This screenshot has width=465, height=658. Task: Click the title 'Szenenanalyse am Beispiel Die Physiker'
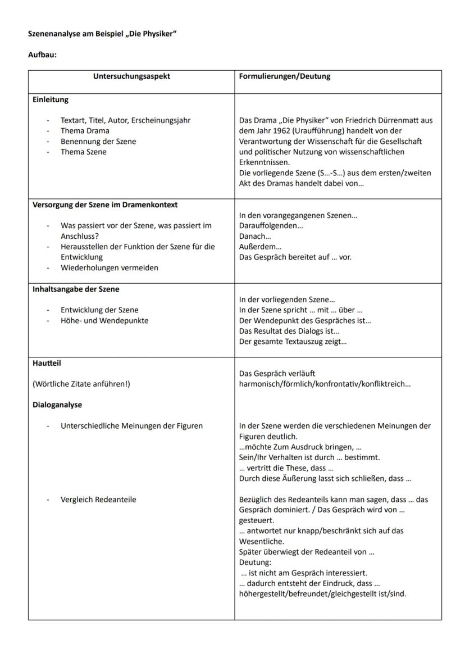click(x=102, y=34)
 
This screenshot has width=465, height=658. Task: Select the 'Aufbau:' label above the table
click(x=42, y=55)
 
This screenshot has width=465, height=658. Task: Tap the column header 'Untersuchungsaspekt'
click(x=131, y=76)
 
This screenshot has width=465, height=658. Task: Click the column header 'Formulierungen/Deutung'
click(x=285, y=76)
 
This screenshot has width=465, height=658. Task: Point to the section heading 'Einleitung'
click(x=50, y=99)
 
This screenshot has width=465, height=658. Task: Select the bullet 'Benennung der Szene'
click(x=98, y=142)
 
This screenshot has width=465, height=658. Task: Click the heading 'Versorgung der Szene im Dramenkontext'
click(x=105, y=205)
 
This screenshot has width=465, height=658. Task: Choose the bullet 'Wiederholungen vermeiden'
click(x=110, y=267)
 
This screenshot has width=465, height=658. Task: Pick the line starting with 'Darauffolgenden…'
click(x=271, y=226)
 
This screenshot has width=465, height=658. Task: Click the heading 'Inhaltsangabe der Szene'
click(x=76, y=289)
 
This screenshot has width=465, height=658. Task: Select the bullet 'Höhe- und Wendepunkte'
click(x=104, y=320)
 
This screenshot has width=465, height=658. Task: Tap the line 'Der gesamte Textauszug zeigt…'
click(x=293, y=342)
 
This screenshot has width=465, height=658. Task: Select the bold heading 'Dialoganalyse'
click(x=57, y=405)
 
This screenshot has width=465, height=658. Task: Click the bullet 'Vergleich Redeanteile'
click(x=98, y=499)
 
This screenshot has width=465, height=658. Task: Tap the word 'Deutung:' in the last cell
click(x=255, y=562)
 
